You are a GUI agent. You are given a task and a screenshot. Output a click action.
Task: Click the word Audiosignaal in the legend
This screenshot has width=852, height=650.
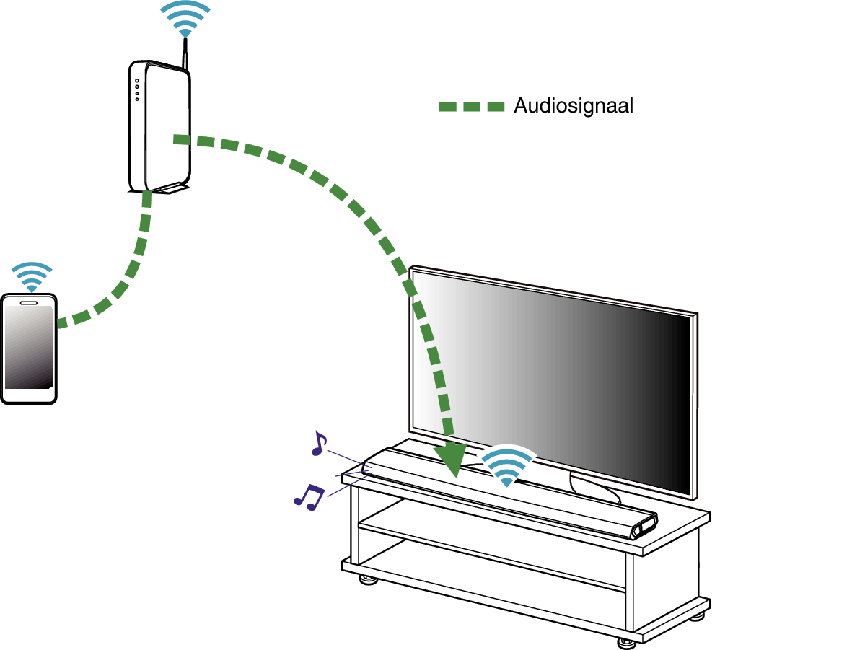(x=574, y=106)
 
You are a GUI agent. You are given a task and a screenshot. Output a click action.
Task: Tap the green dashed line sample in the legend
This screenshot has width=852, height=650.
(x=472, y=107)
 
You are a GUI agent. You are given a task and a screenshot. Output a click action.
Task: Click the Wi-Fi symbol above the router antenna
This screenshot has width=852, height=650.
(x=185, y=18)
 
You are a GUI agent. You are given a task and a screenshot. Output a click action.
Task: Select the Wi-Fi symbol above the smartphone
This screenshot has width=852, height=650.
(x=32, y=276)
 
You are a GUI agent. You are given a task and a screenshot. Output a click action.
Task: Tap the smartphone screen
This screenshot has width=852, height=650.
(x=29, y=346)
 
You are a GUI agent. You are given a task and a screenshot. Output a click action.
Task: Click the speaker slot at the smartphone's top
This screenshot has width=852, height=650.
(x=29, y=302)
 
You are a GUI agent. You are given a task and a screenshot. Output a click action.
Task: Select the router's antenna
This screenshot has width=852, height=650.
(x=186, y=54)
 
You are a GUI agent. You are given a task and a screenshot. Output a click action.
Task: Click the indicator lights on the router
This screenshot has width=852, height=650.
(x=136, y=89)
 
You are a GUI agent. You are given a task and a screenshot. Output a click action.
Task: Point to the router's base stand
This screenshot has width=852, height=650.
(x=167, y=189)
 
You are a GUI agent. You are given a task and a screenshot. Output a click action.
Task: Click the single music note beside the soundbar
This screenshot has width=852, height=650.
(x=318, y=443)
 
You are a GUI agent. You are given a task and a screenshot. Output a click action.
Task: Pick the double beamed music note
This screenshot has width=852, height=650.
(x=309, y=496)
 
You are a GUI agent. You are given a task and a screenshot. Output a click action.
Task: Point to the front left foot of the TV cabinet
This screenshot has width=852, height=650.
(x=368, y=579)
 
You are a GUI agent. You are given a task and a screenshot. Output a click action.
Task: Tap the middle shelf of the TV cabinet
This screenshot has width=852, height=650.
(x=491, y=552)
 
